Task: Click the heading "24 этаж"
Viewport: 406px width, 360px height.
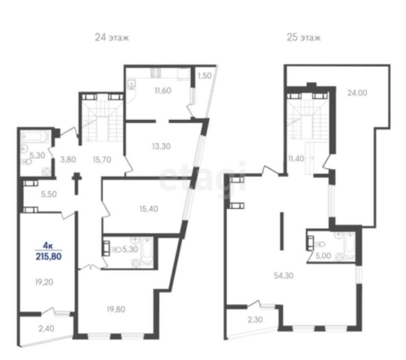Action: coord(112,38)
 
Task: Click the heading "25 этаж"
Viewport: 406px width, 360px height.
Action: coord(303,38)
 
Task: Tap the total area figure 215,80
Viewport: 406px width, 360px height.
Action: coord(49,256)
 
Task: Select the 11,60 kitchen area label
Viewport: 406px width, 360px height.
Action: coord(163,91)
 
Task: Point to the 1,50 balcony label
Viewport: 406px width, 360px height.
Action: coord(205,76)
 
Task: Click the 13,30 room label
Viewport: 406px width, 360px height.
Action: coord(161,146)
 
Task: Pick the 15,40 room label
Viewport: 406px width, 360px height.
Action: coord(148,209)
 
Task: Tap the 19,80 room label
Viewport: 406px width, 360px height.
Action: coord(116,309)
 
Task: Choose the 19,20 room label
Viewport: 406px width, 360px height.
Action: coord(44,282)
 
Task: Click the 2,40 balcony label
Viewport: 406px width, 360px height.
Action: coord(46,329)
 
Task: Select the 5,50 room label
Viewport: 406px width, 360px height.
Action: coord(49,194)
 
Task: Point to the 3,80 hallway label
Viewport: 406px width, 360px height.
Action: coord(68,160)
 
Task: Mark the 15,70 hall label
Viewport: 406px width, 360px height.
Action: coord(102,160)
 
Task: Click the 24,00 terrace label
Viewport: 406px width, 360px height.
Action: coord(357,93)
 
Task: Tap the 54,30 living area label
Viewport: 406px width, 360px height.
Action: coord(284,275)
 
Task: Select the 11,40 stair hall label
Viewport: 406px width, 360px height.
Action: coord(296,158)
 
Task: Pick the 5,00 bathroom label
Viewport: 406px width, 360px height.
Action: coord(323,256)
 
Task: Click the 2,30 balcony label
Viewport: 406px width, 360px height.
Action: coord(255,320)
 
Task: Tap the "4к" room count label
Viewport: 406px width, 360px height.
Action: coord(48,245)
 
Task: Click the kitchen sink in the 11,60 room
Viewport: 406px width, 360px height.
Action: coord(131,84)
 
